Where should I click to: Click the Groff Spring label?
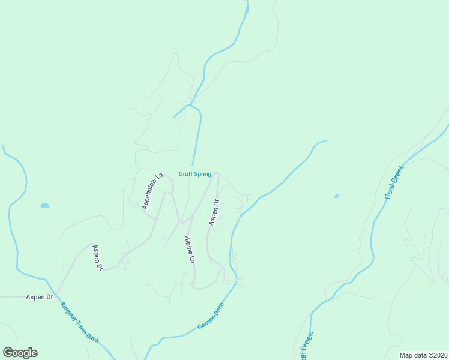tap(194, 175)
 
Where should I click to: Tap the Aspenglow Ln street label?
tap(152, 191)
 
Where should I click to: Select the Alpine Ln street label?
tap(189, 250)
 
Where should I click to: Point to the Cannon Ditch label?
tap(210, 319)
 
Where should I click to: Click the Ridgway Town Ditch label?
tap(79, 322)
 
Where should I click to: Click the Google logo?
tap(20, 353)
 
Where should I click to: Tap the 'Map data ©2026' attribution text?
tap(423, 355)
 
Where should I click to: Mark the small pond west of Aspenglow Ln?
tap(44, 206)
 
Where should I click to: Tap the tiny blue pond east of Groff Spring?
tap(336, 196)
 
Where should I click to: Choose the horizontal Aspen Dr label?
tap(40, 297)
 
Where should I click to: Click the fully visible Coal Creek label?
tap(395, 182)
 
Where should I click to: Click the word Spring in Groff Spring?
tap(202, 175)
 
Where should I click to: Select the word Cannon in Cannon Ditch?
tap(205, 322)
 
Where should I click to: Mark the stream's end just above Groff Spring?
tap(193, 165)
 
